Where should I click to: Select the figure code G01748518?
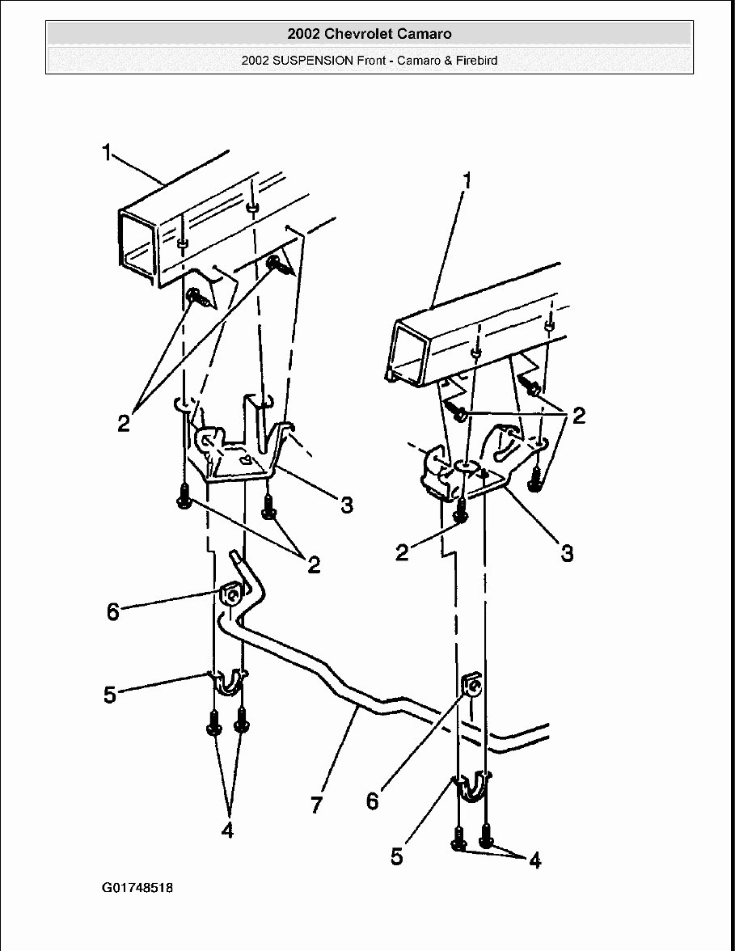[137, 888]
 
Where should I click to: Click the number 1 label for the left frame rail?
[107, 152]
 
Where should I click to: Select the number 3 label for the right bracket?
[567, 553]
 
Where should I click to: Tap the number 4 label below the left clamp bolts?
[227, 831]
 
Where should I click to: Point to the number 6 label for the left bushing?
[113, 611]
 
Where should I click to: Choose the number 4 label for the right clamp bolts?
[534, 861]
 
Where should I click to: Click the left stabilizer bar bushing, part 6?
[230, 595]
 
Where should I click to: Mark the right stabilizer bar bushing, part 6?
[472, 687]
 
